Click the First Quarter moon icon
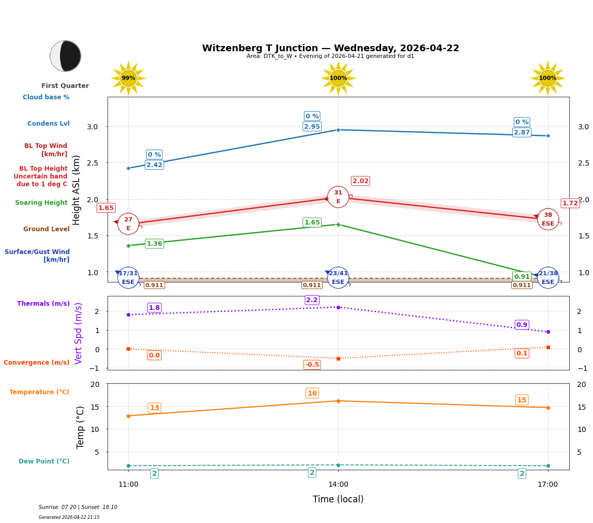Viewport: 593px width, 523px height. (66, 56)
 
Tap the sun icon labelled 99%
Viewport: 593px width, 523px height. (128, 78)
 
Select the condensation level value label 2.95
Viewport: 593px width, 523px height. (312, 127)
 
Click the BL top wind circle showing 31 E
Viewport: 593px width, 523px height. (338, 197)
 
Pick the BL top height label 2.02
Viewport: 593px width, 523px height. (360, 181)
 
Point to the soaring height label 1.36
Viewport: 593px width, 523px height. (154, 244)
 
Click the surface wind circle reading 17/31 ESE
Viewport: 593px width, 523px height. (128, 278)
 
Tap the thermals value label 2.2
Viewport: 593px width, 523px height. (312, 300)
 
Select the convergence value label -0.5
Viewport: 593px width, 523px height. (312, 365)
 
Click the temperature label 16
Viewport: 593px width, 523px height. (312, 393)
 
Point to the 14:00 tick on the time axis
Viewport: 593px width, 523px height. (338, 484)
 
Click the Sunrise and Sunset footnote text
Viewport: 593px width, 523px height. (78, 507)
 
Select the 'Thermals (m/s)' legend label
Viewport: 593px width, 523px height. (43, 304)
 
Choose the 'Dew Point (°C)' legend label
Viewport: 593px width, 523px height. (44, 461)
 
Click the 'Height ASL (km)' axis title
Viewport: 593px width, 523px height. (77, 190)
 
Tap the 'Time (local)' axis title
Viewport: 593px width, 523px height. (338, 499)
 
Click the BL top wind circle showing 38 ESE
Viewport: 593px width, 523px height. (548, 219)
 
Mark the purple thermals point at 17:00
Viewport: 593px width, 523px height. (548, 332)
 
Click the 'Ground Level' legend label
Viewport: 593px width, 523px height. (47, 229)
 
